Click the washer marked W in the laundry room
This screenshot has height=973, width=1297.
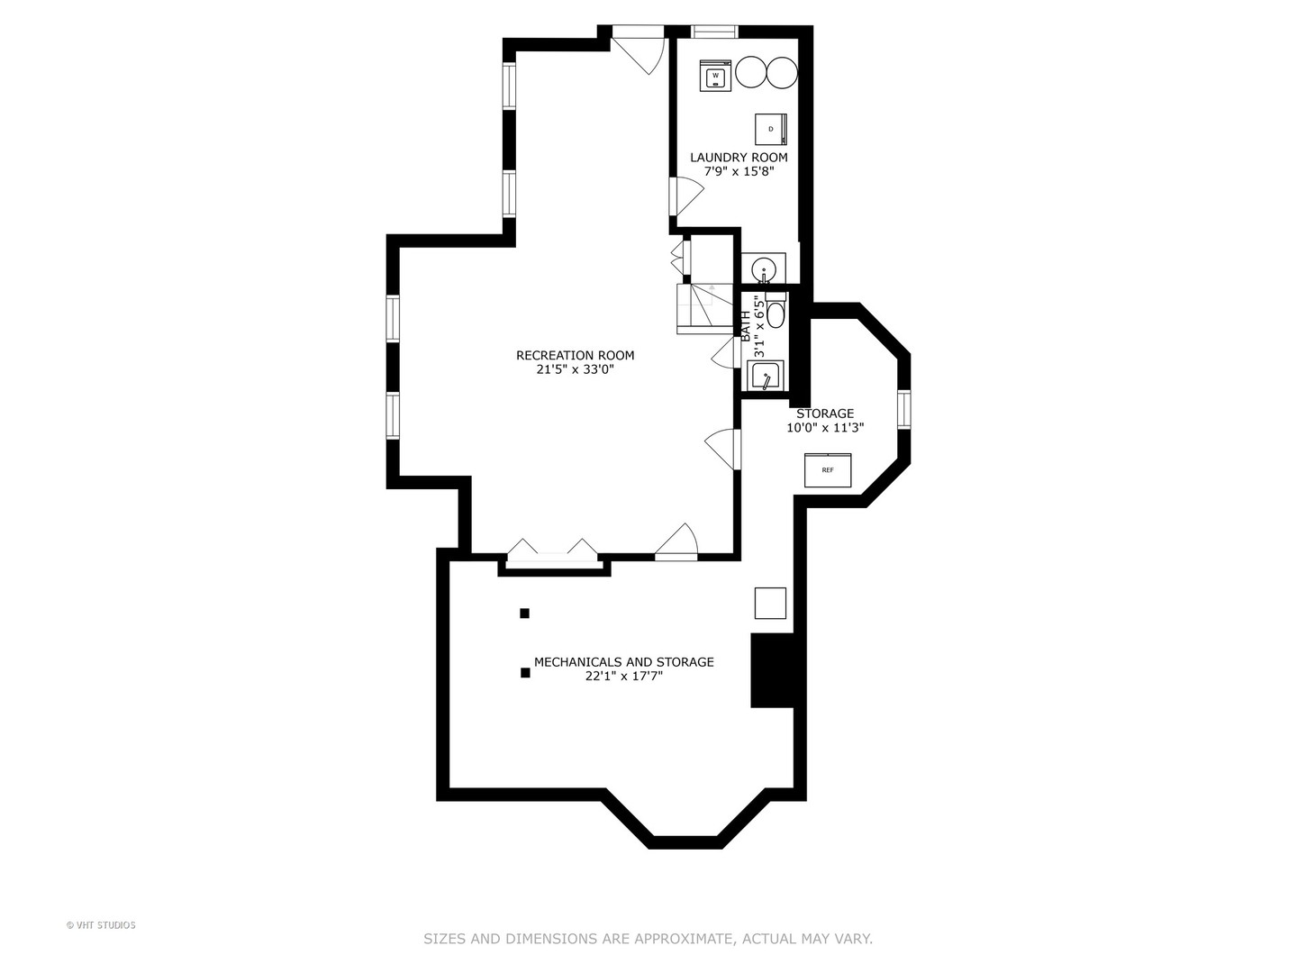point(716,76)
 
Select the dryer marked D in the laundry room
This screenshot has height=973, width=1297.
point(771,129)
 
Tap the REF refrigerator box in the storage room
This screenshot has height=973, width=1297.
point(827,470)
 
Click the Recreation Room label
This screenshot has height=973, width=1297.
point(575,355)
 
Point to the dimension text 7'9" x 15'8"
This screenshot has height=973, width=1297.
point(739,170)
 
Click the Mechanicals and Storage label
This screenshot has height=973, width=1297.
point(623,661)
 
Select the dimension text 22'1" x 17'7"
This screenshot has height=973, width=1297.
point(623,676)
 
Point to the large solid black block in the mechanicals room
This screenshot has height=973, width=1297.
point(772,670)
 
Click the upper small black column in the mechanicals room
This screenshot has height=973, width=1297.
point(524,614)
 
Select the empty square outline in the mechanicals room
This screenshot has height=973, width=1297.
point(770,603)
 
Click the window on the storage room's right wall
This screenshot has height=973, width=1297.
point(903,409)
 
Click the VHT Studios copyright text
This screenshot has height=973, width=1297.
point(101,925)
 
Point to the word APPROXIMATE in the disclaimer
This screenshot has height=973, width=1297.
point(684,939)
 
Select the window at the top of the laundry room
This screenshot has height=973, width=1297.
point(714,32)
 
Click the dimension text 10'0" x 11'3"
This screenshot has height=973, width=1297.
point(825,428)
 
